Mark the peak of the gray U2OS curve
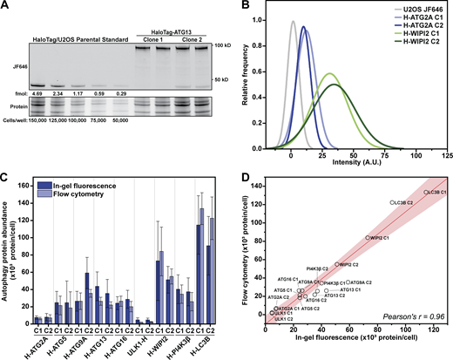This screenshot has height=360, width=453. (x=293, y=22)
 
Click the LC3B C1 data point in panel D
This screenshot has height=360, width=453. (x=425, y=215)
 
